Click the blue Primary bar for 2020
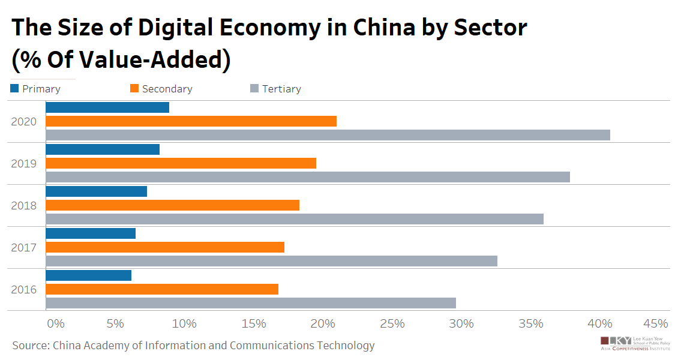pyautogui.click(x=107, y=107)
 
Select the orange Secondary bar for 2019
pyautogui.click(x=181, y=163)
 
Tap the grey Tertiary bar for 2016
pyautogui.click(x=251, y=303)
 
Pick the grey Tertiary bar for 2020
pyautogui.click(x=328, y=135)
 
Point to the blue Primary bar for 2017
pyautogui.click(x=91, y=233)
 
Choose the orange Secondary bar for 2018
pyautogui.click(x=172, y=205)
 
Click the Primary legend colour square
pyautogui.click(x=14, y=89)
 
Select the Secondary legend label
pyautogui.click(x=167, y=89)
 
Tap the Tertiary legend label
pyautogui.click(x=281, y=89)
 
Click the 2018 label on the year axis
pyautogui.click(x=24, y=205)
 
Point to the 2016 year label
pyautogui.click(x=24, y=289)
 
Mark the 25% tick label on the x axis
pyautogui.click(x=392, y=324)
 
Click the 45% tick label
pyautogui.click(x=655, y=324)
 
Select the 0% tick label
pyautogui.click(x=55, y=324)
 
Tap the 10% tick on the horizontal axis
pyautogui.click(x=184, y=324)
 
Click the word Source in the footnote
pyautogui.click(x=29, y=346)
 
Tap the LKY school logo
pyautogui.click(x=635, y=343)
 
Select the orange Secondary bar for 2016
pyautogui.click(x=162, y=289)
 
